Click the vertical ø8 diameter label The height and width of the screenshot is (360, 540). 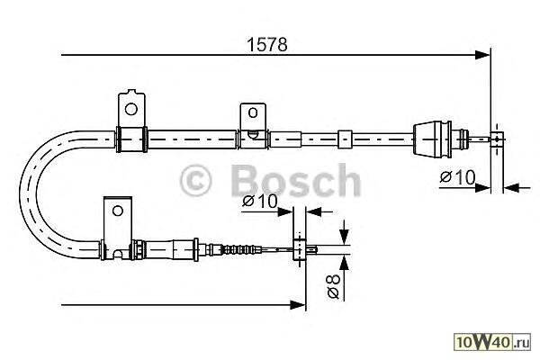(332, 286)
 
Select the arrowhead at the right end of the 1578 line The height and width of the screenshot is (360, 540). (484, 56)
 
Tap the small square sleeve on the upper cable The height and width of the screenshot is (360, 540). (344, 139)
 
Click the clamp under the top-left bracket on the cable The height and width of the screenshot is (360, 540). (131, 139)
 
